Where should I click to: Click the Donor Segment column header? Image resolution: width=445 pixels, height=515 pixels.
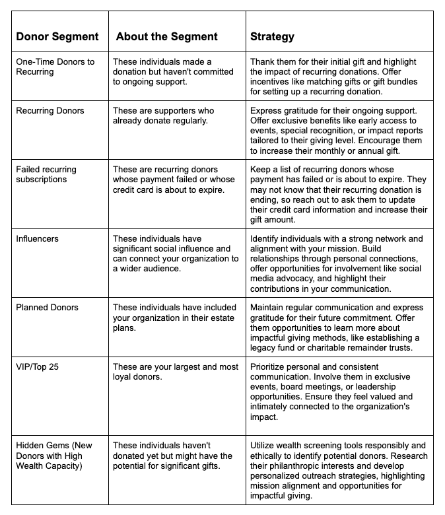tap(57, 36)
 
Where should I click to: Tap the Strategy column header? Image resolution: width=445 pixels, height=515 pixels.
tap(272, 36)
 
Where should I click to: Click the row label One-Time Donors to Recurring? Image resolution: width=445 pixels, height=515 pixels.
tap(55, 67)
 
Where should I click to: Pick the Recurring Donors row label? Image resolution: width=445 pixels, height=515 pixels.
tap(50, 110)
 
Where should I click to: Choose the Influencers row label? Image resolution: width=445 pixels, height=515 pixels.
tap(38, 238)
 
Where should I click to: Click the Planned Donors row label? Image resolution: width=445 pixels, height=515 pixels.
tap(47, 307)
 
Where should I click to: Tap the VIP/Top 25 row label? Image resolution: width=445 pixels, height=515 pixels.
tap(37, 366)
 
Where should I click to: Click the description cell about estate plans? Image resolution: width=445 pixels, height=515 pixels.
tap(174, 318)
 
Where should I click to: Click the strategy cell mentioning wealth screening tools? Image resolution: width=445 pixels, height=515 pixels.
tap(339, 471)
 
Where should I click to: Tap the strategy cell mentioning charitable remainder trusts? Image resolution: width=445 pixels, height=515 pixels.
tap(339, 327)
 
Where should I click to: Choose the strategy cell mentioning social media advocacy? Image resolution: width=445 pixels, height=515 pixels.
tap(339, 263)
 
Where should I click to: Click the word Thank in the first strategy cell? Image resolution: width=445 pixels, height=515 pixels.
tap(263, 61)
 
